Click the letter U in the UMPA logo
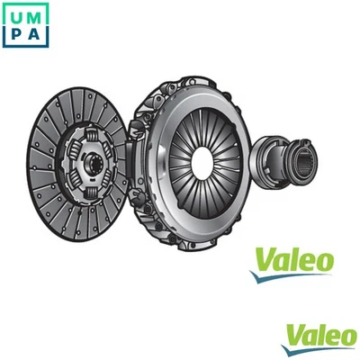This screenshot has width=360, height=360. (x=14, y=14)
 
